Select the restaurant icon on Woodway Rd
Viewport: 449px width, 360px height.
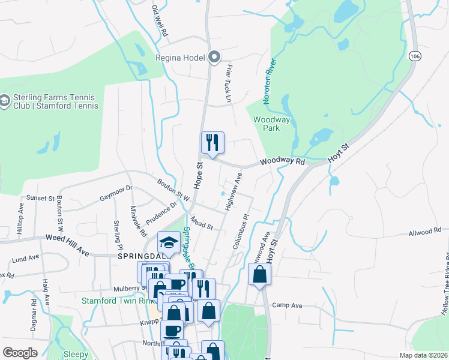point(212,143)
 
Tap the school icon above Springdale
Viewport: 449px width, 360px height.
point(169,242)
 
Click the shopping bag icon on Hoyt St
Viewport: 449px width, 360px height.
point(259,274)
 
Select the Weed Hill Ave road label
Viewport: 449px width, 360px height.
point(67,245)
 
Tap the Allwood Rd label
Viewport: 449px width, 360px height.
point(424,230)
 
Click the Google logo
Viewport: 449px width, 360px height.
point(19,353)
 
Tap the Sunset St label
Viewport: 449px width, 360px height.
point(40,197)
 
